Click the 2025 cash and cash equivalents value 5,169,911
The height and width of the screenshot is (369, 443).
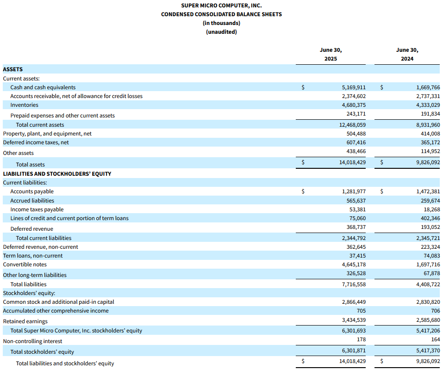click(354, 87)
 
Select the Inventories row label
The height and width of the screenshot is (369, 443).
click(24, 105)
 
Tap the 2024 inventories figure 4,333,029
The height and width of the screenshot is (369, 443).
click(428, 105)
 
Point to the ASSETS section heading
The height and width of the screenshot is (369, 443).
click(12, 69)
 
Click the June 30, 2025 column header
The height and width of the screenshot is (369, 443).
click(331, 54)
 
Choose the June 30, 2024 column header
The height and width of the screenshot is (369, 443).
click(407, 54)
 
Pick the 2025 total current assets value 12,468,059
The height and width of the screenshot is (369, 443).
click(352, 125)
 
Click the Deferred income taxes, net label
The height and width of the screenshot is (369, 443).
click(36, 142)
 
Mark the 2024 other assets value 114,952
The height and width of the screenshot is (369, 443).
click(431, 151)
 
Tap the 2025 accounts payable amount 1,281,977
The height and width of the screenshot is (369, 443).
click(354, 191)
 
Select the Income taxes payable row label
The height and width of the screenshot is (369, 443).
click(37, 209)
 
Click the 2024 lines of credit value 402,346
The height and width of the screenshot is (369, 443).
click(431, 218)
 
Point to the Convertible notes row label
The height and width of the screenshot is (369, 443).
click(25, 264)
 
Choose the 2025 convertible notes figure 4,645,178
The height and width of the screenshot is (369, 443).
click(354, 264)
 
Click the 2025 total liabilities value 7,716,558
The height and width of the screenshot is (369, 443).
click(354, 284)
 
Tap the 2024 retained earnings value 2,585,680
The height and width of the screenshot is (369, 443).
click(428, 320)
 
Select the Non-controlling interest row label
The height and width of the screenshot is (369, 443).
click(32, 341)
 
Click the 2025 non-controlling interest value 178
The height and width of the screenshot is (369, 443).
click(361, 339)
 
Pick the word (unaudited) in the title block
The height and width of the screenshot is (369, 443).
click(221, 32)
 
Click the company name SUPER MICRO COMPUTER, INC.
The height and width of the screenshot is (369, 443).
click(221, 6)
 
